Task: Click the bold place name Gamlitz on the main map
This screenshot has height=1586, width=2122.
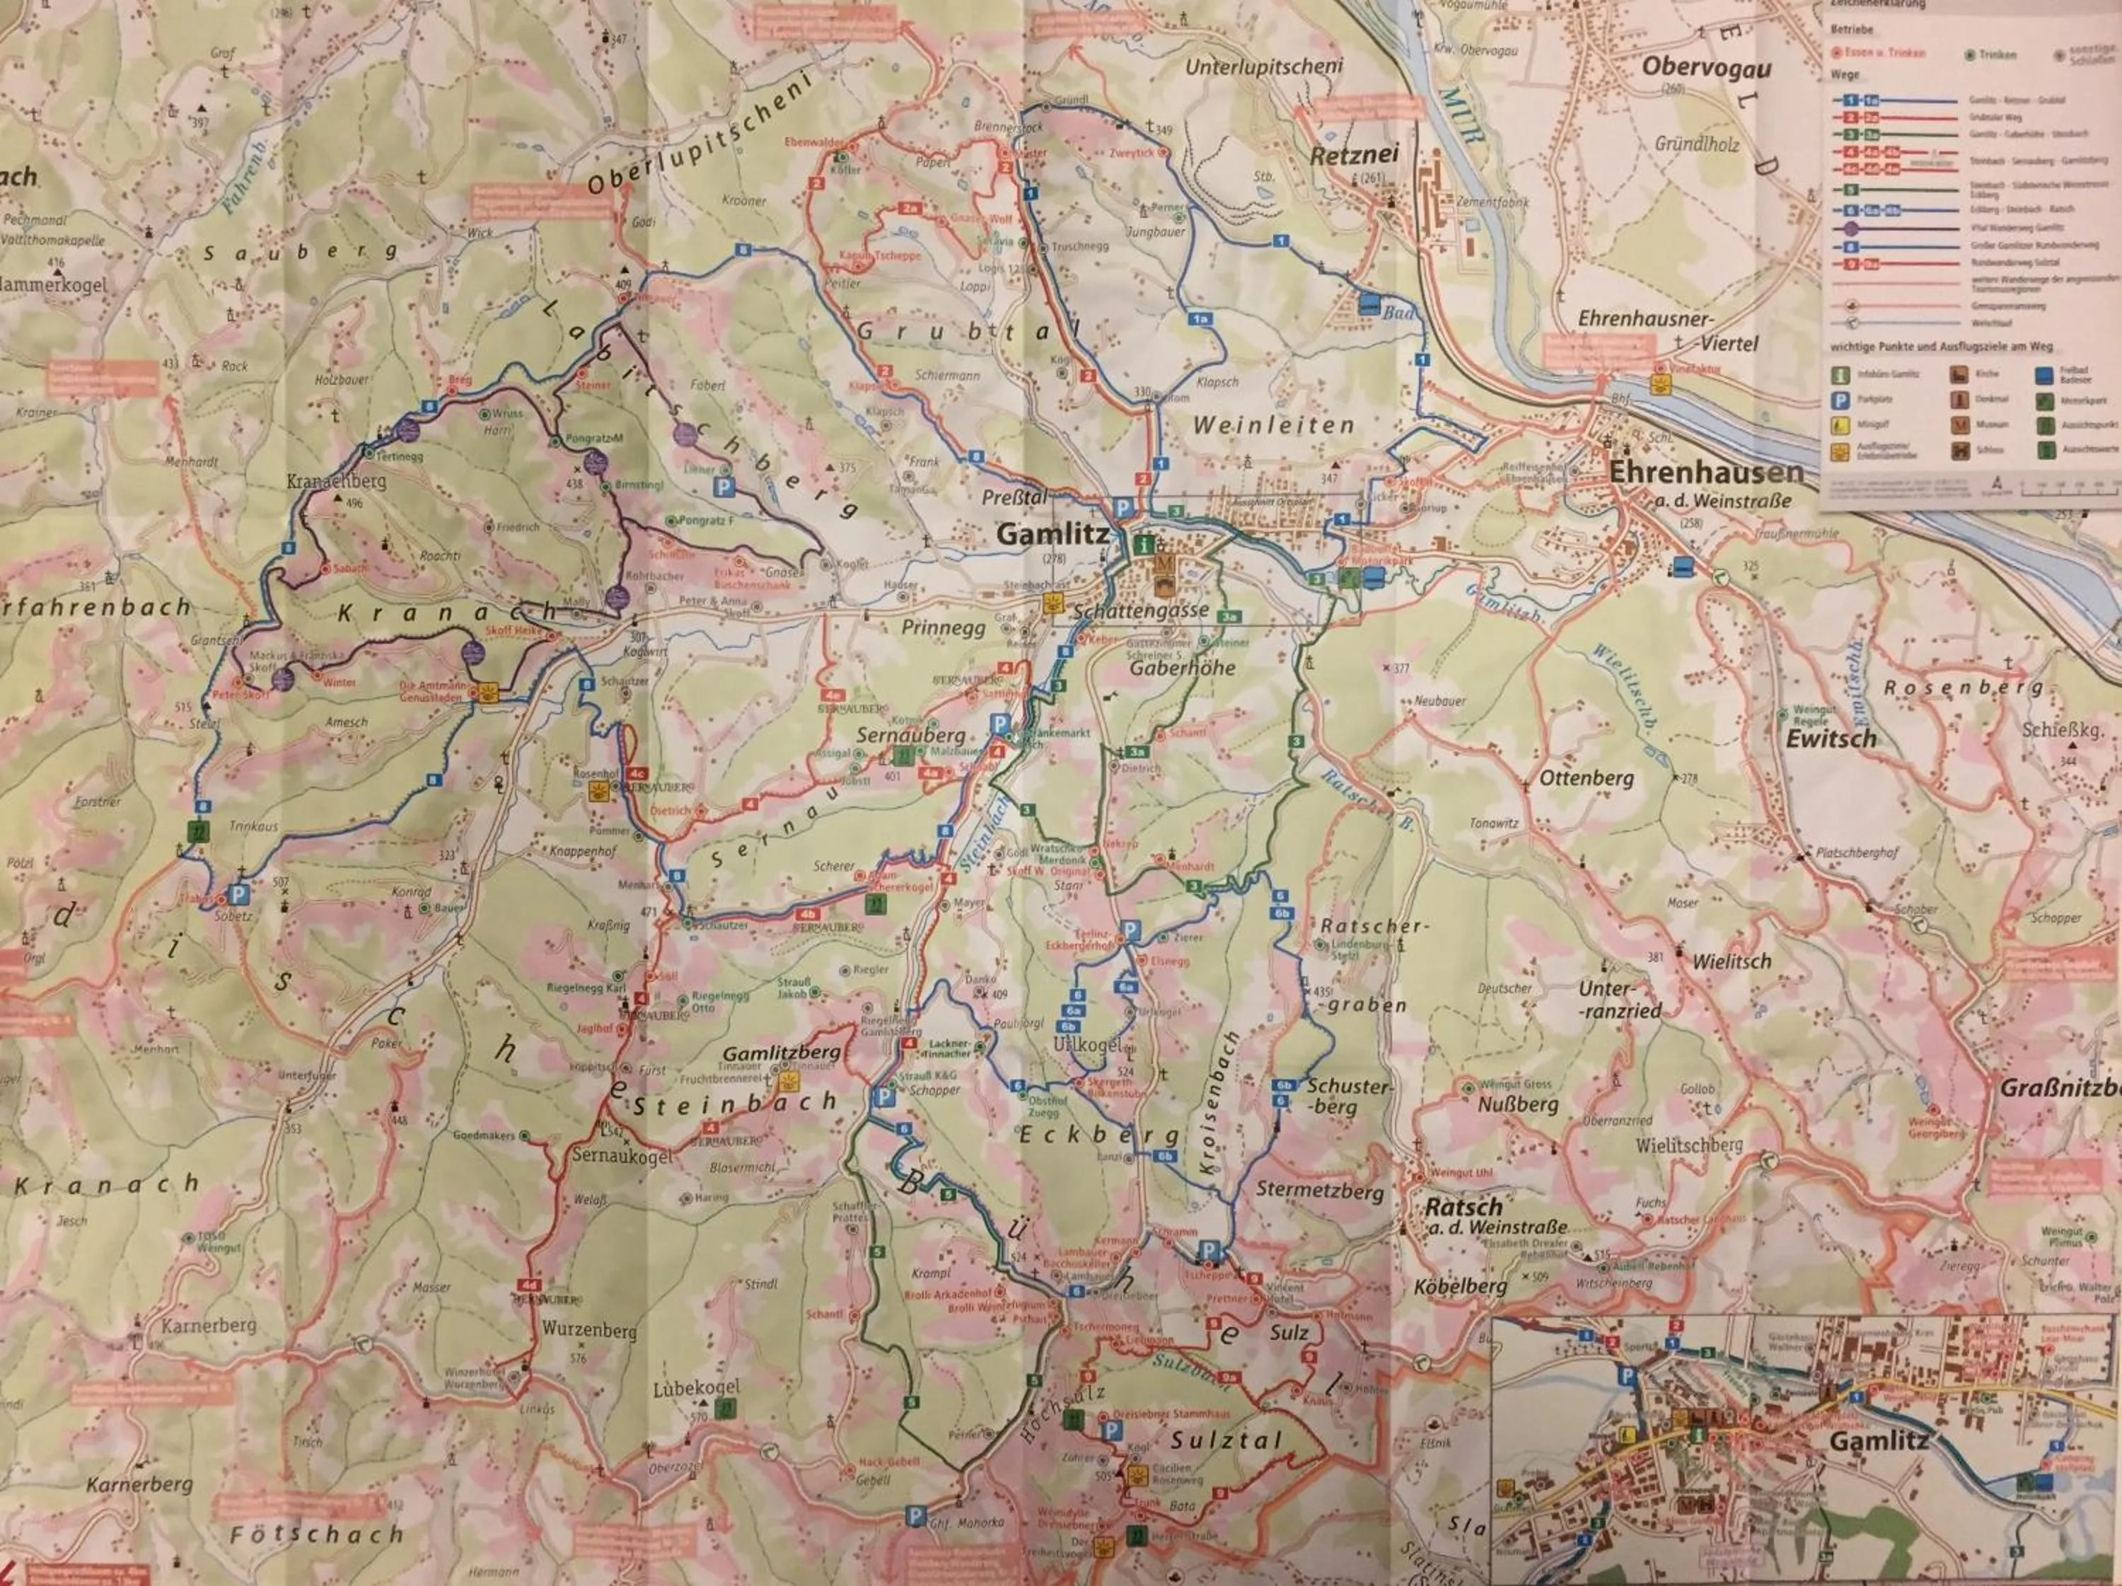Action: pyautogui.click(x=1053, y=534)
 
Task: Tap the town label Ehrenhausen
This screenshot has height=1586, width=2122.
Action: pyautogui.click(x=1705, y=472)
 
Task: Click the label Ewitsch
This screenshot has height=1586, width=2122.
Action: pyautogui.click(x=1831, y=739)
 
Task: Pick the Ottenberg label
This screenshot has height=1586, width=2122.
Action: pyautogui.click(x=1587, y=778)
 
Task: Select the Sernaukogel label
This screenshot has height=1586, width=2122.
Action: pyautogui.click(x=622, y=1156)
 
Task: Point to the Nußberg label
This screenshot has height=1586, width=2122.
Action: pyautogui.click(x=1518, y=1104)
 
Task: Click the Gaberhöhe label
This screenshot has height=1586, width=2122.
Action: pyautogui.click(x=1182, y=668)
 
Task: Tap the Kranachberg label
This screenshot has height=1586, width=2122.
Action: pyautogui.click(x=336, y=481)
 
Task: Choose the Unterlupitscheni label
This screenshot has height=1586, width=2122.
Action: pyautogui.click(x=1263, y=67)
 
